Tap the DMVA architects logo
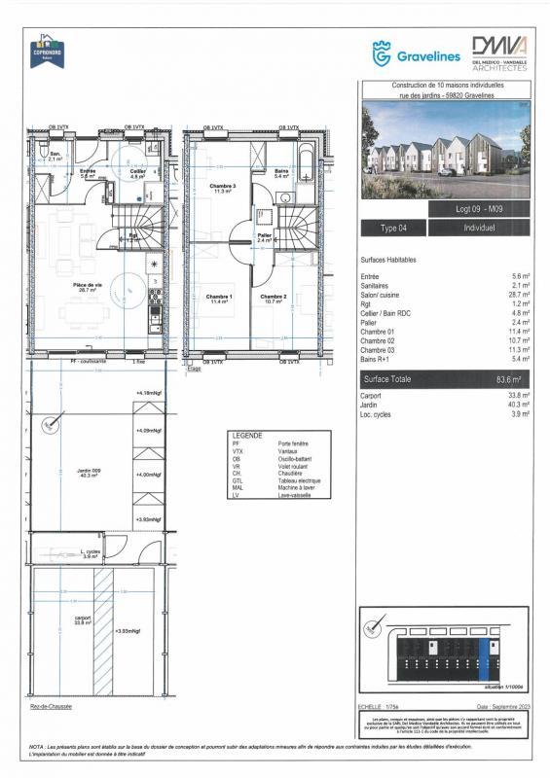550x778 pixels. (x=498, y=53)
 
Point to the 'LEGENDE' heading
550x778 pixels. (x=243, y=435)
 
